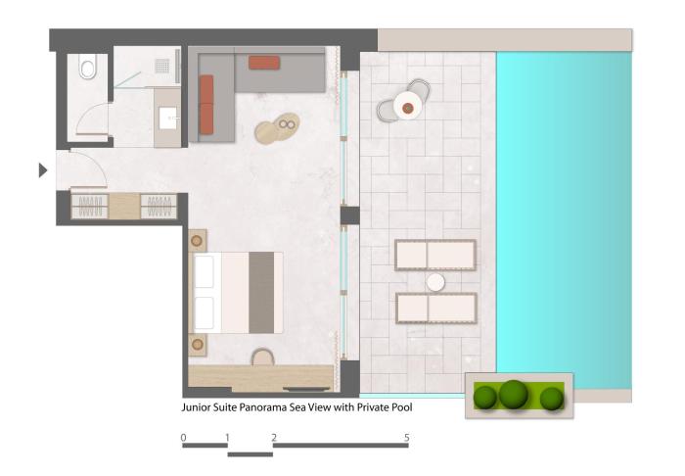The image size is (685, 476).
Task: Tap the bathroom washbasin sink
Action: (x=168, y=118)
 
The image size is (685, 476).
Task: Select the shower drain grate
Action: (x=161, y=66)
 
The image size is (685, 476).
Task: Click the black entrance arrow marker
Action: (x=43, y=170)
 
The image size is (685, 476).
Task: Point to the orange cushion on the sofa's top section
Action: (x=264, y=63)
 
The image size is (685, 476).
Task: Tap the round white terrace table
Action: (x=408, y=106)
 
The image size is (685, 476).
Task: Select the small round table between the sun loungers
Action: (x=435, y=282)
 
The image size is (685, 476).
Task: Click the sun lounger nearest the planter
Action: (x=436, y=309)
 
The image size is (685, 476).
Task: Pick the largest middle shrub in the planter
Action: (x=514, y=395)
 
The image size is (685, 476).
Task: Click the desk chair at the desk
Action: (x=262, y=357)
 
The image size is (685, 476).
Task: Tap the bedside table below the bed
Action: (x=197, y=345)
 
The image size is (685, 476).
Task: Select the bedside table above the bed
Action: (x=197, y=240)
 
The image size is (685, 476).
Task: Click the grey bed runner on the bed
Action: (x=261, y=293)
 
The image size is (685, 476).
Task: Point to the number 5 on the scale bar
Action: (x=407, y=437)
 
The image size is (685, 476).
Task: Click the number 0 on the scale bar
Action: (x=184, y=437)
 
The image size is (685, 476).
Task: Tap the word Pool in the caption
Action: (x=402, y=407)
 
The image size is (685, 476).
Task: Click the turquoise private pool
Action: (x=564, y=219)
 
